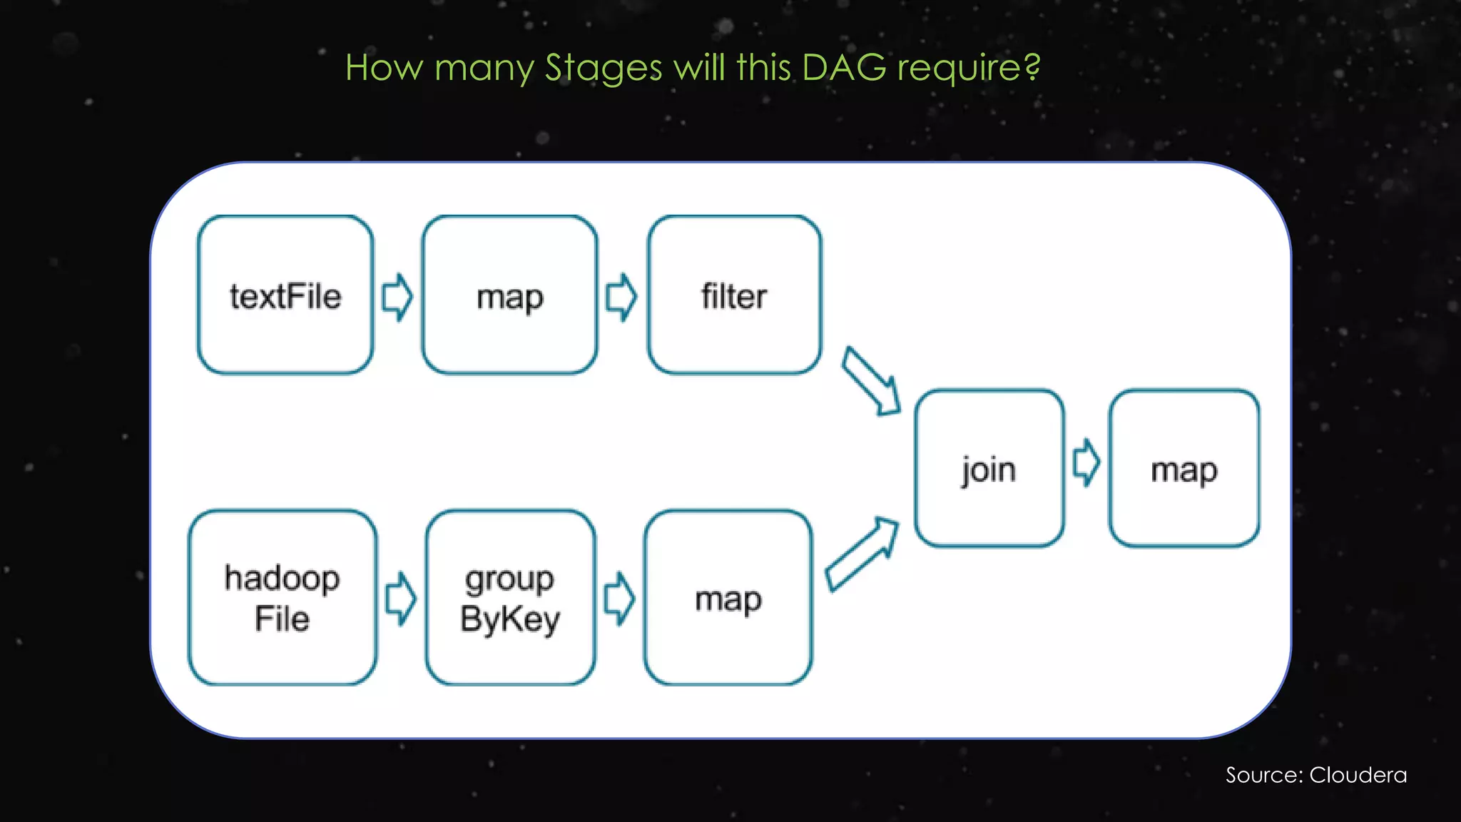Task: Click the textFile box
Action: (x=285, y=295)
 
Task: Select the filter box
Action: (x=734, y=295)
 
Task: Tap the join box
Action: (x=989, y=469)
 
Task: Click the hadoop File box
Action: (x=282, y=597)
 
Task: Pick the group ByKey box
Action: (x=510, y=597)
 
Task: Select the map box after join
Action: (x=1184, y=469)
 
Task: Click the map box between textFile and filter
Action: (x=509, y=295)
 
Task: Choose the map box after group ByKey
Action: (x=728, y=597)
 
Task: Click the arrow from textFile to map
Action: (x=397, y=297)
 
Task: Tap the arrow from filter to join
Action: (x=870, y=381)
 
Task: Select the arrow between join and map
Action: (x=1086, y=463)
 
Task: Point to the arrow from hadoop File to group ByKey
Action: (x=401, y=599)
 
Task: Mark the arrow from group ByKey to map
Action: (x=619, y=599)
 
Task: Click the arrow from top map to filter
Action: (x=621, y=297)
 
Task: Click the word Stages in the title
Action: (x=604, y=68)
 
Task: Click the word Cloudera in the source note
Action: (x=1358, y=775)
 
